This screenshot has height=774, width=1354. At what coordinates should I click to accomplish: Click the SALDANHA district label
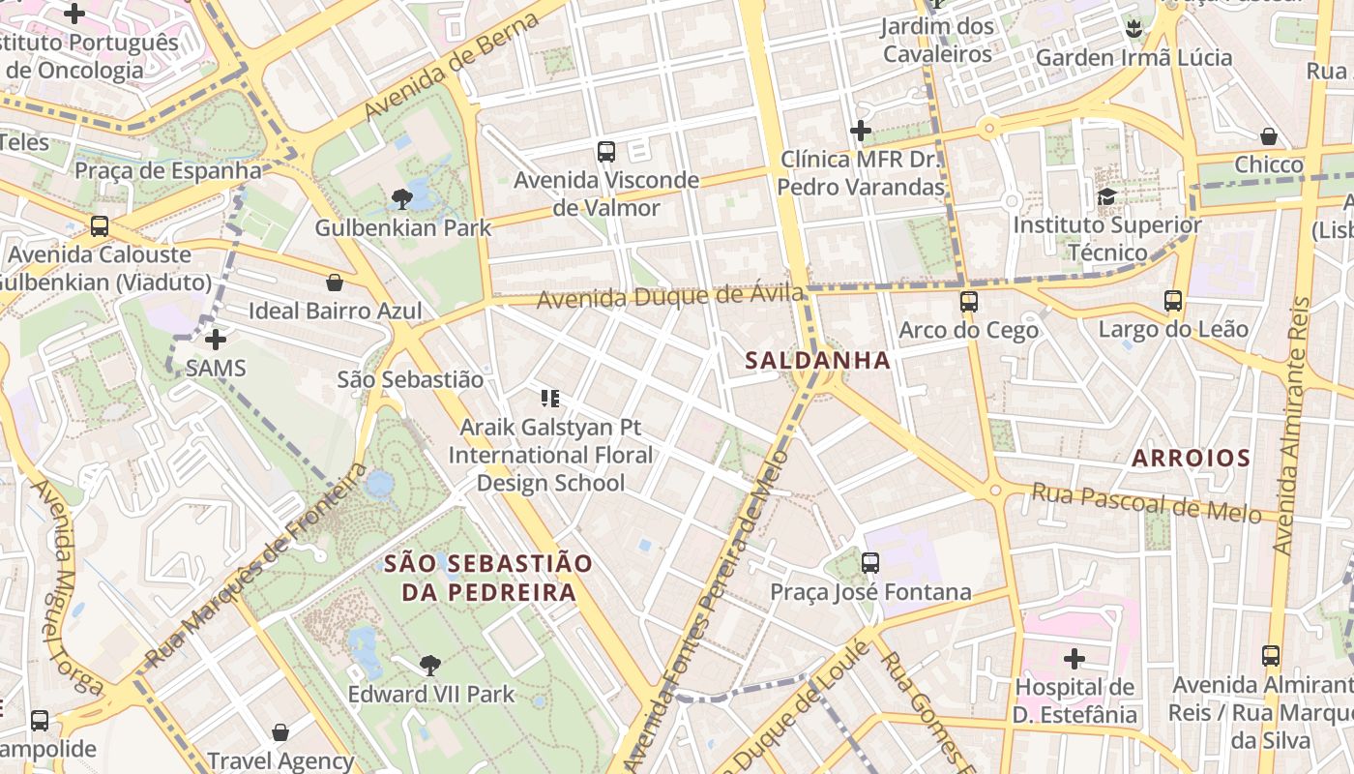click(817, 360)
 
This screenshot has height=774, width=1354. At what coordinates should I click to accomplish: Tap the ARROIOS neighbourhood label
click(1191, 458)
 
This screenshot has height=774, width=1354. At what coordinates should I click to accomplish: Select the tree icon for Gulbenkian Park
click(402, 199)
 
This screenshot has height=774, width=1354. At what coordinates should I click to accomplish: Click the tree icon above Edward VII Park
click(430, 665)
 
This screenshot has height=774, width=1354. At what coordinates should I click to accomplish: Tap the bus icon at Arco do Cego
click(969, 301)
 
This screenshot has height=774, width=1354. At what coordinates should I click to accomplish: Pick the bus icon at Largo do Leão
click(1173, 300)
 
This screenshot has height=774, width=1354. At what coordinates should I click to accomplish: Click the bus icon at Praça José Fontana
click(870, 562)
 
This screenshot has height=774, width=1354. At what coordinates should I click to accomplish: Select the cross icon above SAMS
click(216, 340)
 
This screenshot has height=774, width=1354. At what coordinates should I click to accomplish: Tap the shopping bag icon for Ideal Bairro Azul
click(335, 283)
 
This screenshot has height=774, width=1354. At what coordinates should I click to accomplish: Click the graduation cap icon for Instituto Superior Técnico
click(1106, 196)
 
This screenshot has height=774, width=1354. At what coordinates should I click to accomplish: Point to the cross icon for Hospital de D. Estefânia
click(1074, 659)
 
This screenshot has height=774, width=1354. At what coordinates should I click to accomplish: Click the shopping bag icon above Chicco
click(1269, 136)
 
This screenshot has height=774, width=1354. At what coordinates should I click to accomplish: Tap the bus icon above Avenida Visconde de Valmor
click(606, 151)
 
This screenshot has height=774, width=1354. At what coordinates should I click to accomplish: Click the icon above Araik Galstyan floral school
click(550, 398)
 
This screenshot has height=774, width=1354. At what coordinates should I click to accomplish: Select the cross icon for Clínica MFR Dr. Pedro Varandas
click(861, 131)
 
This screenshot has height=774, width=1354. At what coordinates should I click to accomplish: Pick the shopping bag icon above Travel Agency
click(280, 732)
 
